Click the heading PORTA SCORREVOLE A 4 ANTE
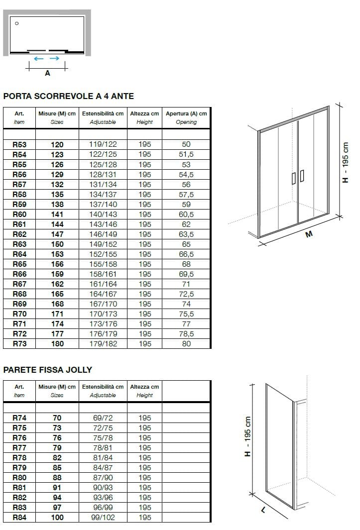(69, 96)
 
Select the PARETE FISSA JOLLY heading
(48, 370)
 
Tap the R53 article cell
(19, 144)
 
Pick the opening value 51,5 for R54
(186, 154)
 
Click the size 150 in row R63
(57, 244)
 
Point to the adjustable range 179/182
(103, 343)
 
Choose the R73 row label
(19, 343)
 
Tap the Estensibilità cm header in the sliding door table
(103, 113)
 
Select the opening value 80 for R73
(186, 343)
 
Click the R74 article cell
(19, 418)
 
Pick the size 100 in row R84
(57, 518)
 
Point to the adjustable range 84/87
(103, 468)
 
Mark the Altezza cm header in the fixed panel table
(144, 387)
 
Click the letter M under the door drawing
(309, 235)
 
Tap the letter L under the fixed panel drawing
(262, 511)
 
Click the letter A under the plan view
(47, 73)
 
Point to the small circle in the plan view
(17, 23)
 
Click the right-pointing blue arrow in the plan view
(55, 59)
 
